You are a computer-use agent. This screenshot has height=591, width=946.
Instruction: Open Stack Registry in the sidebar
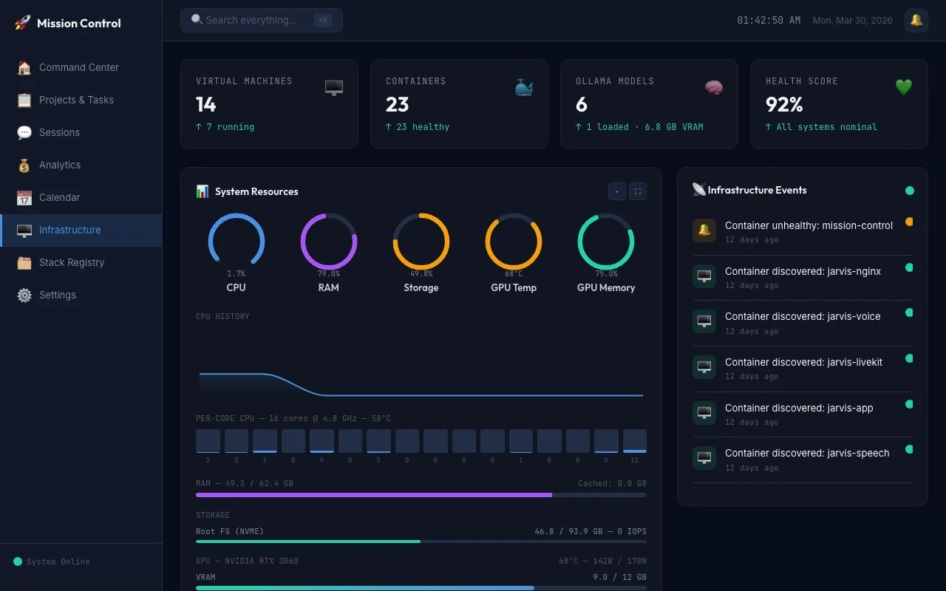tap(72, 262)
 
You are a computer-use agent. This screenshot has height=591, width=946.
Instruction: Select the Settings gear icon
tap(24, 295)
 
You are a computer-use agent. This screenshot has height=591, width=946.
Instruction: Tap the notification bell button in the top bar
tap(916, 20)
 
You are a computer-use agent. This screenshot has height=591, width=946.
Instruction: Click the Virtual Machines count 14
tap(206, 105)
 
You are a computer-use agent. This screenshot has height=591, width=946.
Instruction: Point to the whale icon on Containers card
tap(524, 88)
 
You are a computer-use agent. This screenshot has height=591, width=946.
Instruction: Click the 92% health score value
tap(784, 105)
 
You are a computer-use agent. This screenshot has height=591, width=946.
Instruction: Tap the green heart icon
tap(904, 87)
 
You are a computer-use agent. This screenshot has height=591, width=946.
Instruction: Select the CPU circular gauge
tap(236, 242)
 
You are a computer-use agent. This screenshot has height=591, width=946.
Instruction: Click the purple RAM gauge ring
tap(329, 242)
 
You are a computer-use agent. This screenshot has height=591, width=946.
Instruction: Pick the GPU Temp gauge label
tap(514, 287)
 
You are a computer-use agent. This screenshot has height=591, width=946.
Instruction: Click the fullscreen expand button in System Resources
tap(637, 191)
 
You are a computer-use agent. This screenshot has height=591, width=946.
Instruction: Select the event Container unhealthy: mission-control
tap(809, 225)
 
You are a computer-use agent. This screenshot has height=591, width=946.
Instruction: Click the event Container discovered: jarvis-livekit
tap(803, 362)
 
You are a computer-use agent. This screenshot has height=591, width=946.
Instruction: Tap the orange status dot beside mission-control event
tap(909, 222)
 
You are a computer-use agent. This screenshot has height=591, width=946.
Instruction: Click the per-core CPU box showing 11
tap(635, 441)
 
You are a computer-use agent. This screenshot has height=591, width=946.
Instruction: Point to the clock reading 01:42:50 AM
tap(769, 20)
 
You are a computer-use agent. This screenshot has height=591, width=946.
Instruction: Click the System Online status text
tap(58, 561)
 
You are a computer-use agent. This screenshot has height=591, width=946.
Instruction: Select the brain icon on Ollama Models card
tap(714, 88)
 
